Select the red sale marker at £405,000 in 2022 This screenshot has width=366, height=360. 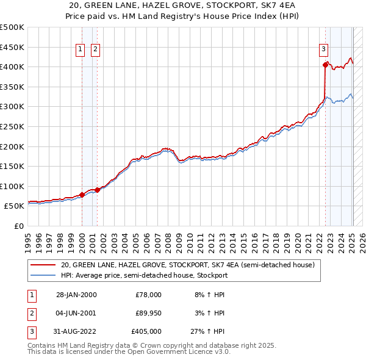coord(325,64)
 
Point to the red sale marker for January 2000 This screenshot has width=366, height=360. coord(82,195)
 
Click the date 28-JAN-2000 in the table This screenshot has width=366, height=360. coord(76,294)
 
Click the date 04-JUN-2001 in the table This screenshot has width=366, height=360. coord(76,313)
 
